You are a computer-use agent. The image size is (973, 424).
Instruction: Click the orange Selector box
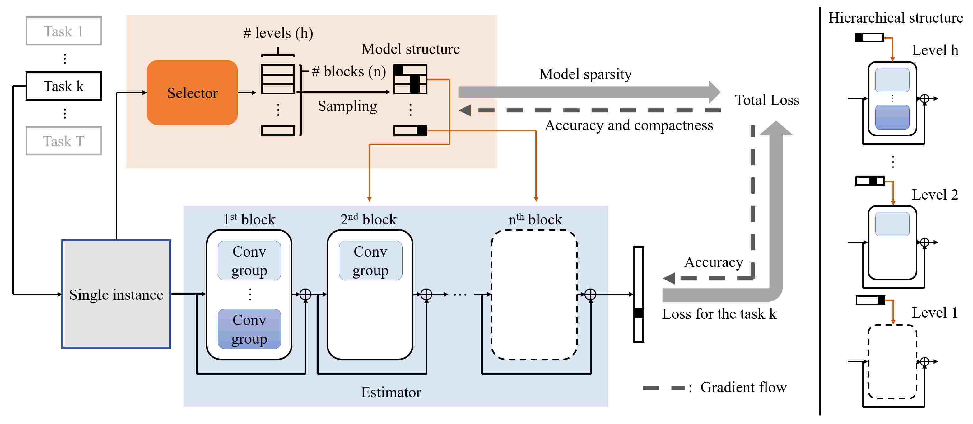(x=192, y=92)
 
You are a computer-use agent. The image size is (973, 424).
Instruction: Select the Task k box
(x=63, y=86)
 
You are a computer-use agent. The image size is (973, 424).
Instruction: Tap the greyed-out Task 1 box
(x=63, y=31)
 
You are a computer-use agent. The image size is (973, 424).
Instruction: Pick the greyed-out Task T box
(x=63, y=141)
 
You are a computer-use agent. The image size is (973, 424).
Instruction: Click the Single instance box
(x=116, y=294)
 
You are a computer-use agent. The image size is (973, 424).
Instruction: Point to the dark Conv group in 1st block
(x=249, y=329)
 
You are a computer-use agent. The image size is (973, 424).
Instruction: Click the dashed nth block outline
(x=492, y=295)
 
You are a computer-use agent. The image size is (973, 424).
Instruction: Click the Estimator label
(x=391, y=392)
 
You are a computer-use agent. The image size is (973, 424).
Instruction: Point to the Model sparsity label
(x=585, y=74)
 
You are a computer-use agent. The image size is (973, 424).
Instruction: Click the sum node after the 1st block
(x=305, y=294)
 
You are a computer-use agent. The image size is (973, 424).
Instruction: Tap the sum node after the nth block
(x=590, y=294)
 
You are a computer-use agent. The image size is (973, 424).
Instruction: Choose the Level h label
(x=935, y=50)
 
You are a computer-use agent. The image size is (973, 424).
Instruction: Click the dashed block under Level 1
(x=869, y=362)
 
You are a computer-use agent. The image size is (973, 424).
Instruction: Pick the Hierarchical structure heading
(x=896, y=18)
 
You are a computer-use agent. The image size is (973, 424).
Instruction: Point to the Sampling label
(x=347, y=106)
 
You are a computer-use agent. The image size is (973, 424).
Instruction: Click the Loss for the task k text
(x=719, y=314)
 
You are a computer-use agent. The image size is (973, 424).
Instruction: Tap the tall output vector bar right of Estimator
(x=638, y=294)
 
